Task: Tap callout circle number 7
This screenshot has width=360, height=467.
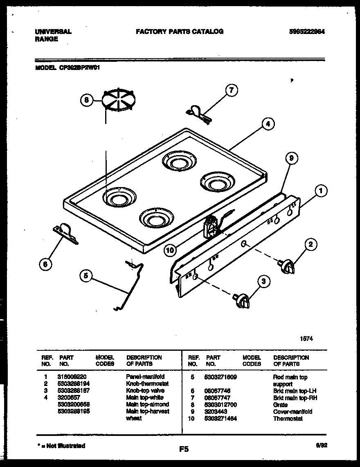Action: click(x=232, y=90)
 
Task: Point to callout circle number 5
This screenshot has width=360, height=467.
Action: click(x=86, y=276)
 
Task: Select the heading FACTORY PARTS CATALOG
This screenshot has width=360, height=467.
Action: click(x=180, y=32)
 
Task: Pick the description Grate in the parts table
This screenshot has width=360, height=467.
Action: click(x=280, y=405)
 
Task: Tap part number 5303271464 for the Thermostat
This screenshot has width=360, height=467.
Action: click(x=221, y=418)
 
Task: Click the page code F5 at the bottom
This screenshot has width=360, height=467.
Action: click(x=184, y=449)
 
